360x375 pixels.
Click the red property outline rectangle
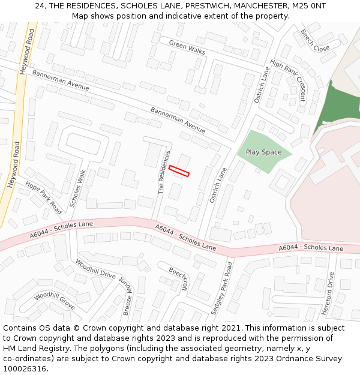(179, 171)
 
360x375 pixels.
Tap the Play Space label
(263, 152)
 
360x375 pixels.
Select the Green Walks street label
(187, 47)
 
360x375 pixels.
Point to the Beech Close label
(315, 40)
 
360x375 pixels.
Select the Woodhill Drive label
(95, 268)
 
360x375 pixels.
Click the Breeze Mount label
(127, 296)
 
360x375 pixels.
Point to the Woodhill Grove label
(55, 301)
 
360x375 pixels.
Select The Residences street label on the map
(162, 172)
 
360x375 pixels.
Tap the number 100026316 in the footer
(24, 369)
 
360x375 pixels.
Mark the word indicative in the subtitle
(179, 16)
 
